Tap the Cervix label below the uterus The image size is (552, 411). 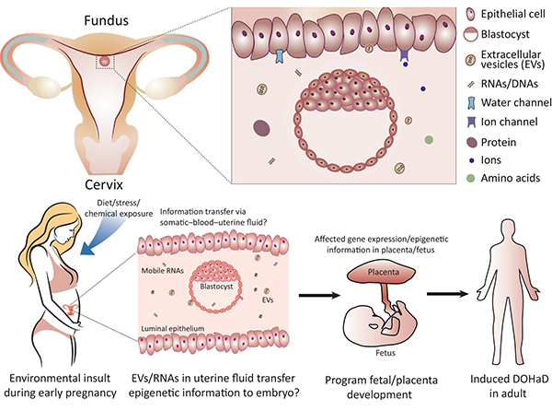pos(104,182)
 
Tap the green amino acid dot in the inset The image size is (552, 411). pos(429,140)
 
